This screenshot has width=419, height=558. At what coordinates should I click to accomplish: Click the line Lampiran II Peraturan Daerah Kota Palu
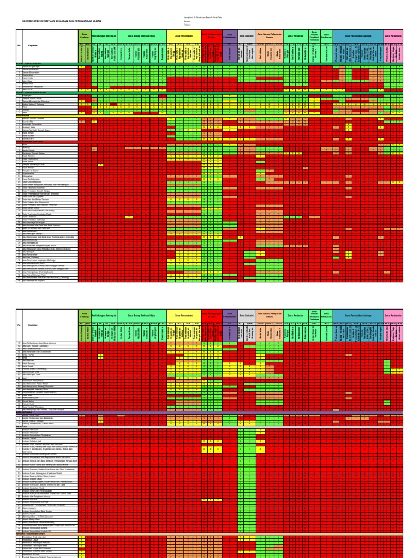[x=202, y=16]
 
